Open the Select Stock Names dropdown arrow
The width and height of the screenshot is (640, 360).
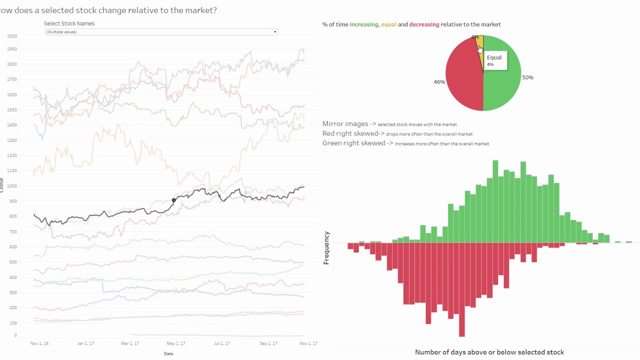tap(274, 32)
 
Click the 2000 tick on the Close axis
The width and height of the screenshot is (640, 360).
tap(12, 36)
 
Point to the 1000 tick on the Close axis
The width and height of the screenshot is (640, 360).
tap(12, 186)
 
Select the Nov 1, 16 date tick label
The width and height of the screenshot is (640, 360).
tap(39, 343)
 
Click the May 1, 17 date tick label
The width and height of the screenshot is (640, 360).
tap(176, 343)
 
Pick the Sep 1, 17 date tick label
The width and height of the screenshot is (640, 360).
tap(268, 343)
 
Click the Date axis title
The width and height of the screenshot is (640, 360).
tap(168, 353)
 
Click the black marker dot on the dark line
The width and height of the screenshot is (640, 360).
tap(174, 200)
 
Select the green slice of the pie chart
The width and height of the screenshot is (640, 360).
tap(502, 80)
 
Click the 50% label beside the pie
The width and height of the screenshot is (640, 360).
tap(527, 77)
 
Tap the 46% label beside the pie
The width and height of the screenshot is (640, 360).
tap(439, 82)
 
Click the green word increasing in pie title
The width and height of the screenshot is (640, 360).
tap(363, 24)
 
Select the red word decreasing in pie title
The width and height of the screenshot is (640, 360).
tap(424, 24)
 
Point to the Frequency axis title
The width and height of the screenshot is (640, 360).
tap(326, 247)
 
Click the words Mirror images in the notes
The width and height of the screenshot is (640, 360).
tap(345, 124)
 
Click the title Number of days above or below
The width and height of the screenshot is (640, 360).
tap(489, 352)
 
